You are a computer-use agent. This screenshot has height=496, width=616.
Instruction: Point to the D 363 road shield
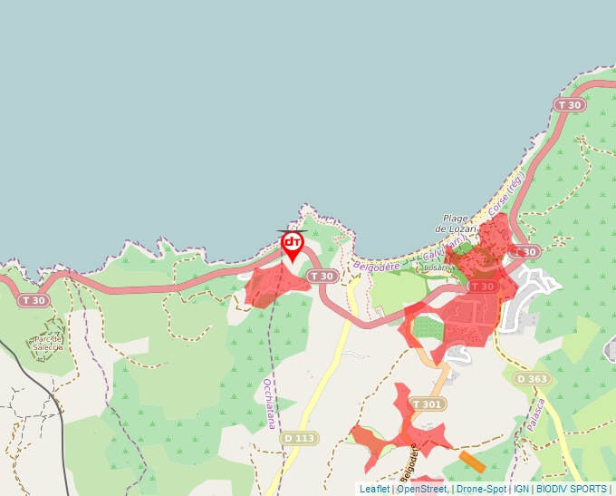pyautogui.click(x=532, y=378)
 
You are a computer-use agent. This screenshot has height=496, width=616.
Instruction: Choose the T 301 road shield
pyautogui.click(x=428, y=404)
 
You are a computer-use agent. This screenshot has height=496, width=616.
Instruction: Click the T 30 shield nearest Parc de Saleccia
pyautogui.click(x=33, y=300)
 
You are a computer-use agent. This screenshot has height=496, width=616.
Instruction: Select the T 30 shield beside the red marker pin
pyautogui.click(x=321, y=276)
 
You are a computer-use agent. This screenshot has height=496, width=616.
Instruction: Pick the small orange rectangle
pyautogui.click(x=472, y=461)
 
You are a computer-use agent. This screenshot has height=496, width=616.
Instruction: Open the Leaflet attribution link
pyautogui.click(x=374, y=490)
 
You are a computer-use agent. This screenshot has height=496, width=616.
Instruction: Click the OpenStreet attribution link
pyautogui.click(x=421, y=490)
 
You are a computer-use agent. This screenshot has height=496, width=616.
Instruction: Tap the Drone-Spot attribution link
pyautogui.click(x=481, y=490)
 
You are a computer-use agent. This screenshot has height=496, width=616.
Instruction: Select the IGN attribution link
pyautogui.click(x=521, y=490)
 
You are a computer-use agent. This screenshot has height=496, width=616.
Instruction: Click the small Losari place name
pyautogui.click(x=437, y=268)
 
